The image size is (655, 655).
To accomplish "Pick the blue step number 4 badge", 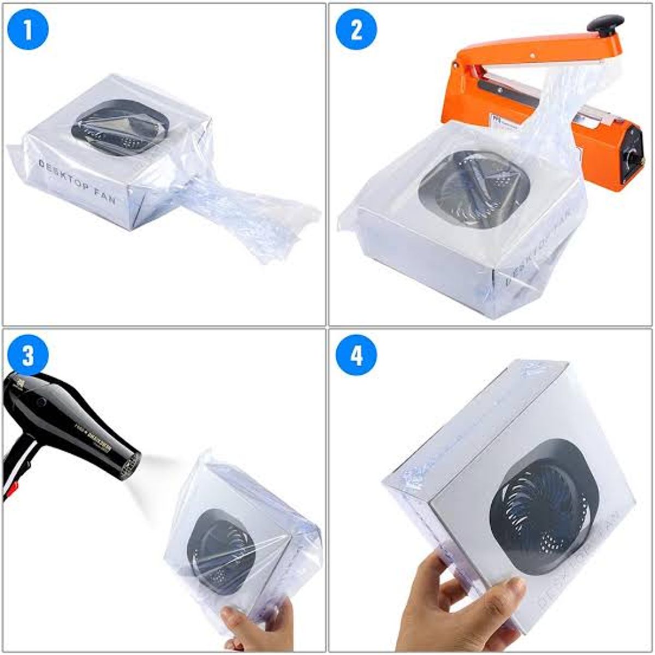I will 356,356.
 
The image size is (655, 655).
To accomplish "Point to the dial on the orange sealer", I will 633,158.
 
